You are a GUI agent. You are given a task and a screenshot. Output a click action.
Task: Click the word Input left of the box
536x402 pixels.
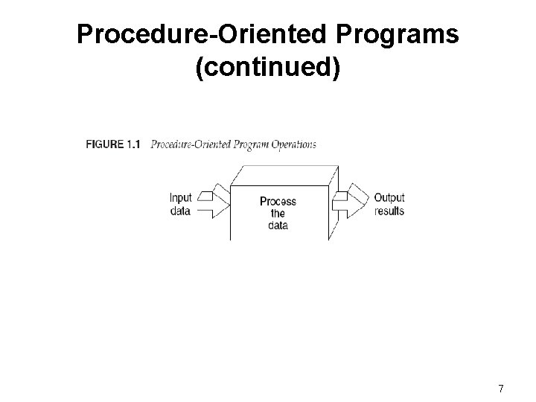(x=181, y=198)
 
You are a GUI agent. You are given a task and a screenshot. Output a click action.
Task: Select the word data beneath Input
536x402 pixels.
(x=181, y=210)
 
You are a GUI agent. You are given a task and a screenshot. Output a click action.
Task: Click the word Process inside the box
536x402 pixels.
(x=277, y=201)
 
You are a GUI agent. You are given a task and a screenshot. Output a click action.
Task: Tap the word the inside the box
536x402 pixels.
(x=277, y=213)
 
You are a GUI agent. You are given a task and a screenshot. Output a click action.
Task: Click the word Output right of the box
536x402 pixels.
(x=389, y=198)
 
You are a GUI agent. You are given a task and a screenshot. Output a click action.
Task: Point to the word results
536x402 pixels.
(x=389, y=210)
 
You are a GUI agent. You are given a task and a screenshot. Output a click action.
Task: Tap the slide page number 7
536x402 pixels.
(x=500, y=389)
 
